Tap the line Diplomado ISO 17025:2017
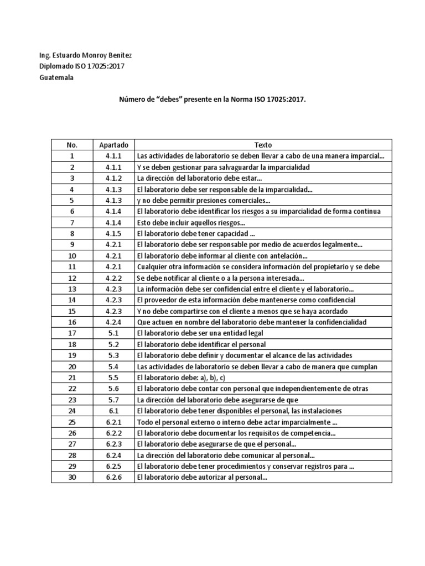81,66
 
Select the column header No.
72,145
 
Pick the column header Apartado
113,145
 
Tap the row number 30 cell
72,478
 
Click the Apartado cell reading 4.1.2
113,178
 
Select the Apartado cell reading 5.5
113,378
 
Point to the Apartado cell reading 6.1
113,411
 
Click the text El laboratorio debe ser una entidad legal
200,333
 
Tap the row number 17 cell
72,333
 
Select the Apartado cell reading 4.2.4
113,322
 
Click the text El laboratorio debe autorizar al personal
202,478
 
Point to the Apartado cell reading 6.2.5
113,467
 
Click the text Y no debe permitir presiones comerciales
203,200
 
